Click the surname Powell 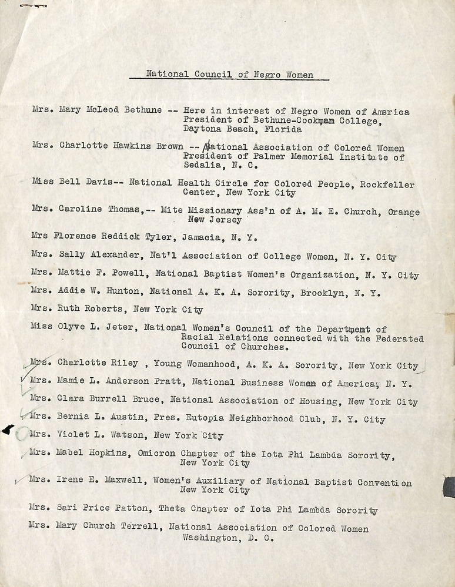[x=118, y=275]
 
